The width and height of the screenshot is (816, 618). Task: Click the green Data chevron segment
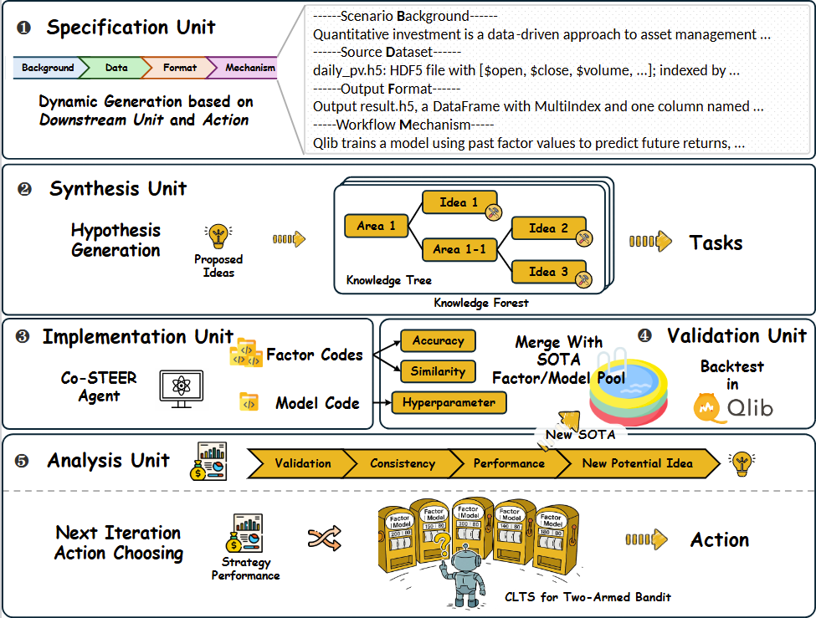115,68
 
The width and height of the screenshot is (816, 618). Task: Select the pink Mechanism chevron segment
249,68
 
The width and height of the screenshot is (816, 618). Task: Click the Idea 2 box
547,228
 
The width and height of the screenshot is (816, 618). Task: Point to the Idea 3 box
547,271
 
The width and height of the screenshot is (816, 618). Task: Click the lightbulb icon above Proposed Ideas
218,235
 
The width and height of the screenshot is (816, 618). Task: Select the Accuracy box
438,340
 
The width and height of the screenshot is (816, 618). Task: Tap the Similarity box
438,371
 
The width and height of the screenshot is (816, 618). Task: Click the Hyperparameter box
448,402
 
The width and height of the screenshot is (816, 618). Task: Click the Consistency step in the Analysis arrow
402,462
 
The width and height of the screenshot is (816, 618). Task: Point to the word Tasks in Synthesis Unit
716,243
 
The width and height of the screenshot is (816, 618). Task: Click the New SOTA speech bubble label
579,435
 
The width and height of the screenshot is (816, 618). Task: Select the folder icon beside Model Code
249,402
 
